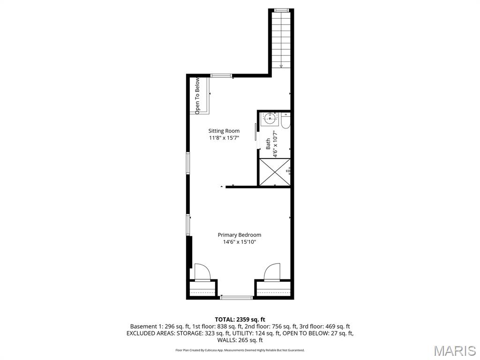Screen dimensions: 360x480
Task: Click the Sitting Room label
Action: [224, 131]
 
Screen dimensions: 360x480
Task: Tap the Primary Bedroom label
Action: [239, 235]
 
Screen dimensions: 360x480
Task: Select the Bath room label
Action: [268, 143]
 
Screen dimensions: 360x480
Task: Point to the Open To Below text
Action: [198, 96]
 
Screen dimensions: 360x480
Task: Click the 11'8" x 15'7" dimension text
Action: [224, 138]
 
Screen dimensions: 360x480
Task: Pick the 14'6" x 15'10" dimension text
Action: [239, 242]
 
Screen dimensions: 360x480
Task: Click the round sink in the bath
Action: [269, 118]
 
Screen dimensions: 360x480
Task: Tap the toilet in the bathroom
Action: [285, 121]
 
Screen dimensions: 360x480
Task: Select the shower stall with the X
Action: [275, 172]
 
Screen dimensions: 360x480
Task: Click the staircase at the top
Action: [281, 37]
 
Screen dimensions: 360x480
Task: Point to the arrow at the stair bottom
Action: [281, 66]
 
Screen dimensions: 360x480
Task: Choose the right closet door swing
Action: [272, 272]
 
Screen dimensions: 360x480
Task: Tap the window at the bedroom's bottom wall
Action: [236, 297]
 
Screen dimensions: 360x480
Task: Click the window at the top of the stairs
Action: [281, 10]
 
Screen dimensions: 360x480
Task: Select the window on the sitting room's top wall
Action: [220, 75]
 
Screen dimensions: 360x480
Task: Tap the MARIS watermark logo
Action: [454, 350]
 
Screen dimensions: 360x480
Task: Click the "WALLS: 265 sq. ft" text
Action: [240, 340]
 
